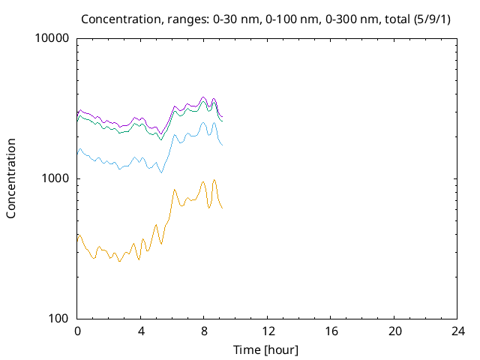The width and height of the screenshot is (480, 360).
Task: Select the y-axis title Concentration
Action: point(11,178)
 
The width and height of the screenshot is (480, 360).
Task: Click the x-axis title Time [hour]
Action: point(267,349)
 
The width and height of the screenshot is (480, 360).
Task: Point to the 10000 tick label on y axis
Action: point(52,38)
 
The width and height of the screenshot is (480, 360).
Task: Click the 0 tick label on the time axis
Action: point(77,331)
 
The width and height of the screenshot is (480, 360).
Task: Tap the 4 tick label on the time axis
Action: point(141,331)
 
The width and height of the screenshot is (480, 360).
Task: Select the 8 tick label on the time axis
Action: point(204,331)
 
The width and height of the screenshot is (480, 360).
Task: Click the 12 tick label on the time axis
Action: point(267,331)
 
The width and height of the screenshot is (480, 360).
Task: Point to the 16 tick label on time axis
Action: point(331,331)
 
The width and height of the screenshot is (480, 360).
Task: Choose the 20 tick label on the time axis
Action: point(394,331)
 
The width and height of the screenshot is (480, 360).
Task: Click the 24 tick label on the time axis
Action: point(457,331)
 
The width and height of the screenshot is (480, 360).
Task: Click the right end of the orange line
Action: point(223,208)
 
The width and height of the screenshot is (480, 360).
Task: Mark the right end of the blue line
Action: point(223,145)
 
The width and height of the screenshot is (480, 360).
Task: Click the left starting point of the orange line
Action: point(77,236)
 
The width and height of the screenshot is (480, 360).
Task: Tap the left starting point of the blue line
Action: point(77,154)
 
